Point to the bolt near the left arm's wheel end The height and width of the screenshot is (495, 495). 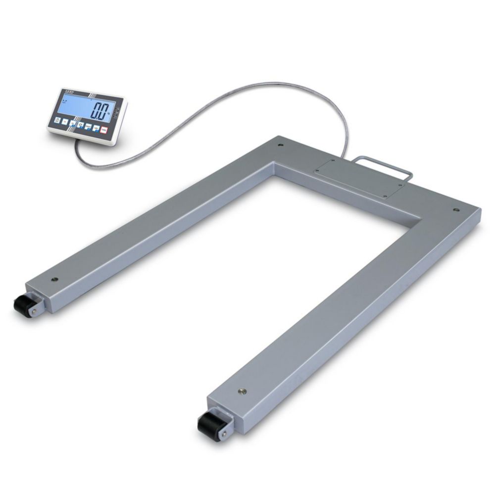click(55, 279)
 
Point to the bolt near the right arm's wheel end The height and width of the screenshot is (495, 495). click(242, 391)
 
